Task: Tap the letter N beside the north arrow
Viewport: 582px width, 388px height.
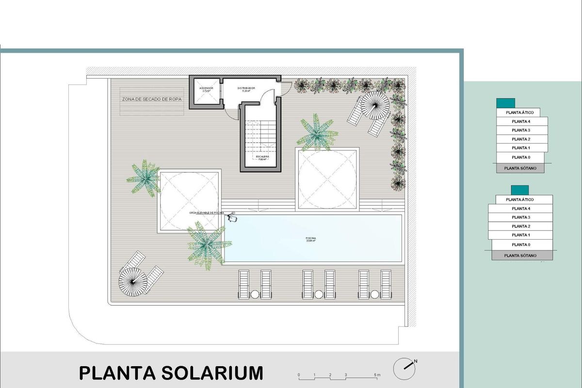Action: coord(416,361)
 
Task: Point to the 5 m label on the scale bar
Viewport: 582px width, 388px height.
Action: coord(377,375)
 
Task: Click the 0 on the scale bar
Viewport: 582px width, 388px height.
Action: coord(299,375)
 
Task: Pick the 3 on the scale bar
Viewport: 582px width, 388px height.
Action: coord(346,375)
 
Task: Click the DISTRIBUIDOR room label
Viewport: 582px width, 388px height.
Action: coord(246,88)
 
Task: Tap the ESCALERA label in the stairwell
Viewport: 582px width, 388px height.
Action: coord(261,157)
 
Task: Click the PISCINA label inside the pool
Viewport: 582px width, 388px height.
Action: coord(311,238)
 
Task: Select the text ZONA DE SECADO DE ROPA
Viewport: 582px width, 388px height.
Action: coord(152,99)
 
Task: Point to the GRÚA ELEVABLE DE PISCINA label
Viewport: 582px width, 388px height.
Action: coord(207,213)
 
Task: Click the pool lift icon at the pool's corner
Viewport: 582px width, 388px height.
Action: coord(232,218)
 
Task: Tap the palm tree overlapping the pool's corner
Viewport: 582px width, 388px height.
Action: coord(207,242)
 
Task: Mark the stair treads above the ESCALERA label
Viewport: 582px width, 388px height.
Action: coord(260,133)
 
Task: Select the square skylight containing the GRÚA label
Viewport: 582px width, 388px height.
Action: coord(189,200)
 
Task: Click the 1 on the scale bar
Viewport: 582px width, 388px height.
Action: coord(315,375)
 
